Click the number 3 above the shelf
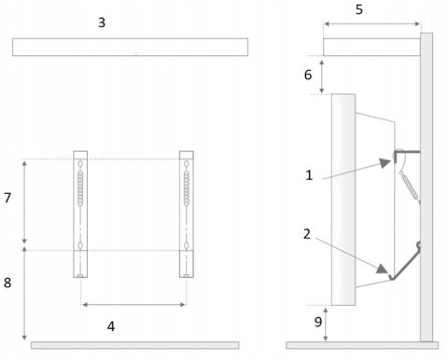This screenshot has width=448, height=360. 102,22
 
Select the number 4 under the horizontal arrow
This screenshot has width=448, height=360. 111,326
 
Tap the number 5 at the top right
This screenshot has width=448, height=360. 359,9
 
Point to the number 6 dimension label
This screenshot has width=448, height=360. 308,75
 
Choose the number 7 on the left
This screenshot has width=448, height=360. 7,198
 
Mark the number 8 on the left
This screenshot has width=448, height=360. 7,283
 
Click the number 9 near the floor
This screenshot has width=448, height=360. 317,322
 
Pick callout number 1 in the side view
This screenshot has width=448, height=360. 309,175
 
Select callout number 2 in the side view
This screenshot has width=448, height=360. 307,234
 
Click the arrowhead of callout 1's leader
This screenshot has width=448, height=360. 385,162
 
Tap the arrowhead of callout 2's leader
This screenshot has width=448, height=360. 382,269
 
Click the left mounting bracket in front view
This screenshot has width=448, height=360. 80,215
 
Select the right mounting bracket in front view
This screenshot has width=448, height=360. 187,215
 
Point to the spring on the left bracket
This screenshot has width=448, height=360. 80,188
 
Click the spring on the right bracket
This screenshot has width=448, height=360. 187,188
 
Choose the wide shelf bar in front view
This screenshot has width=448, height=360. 130,47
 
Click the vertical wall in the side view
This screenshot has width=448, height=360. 427,187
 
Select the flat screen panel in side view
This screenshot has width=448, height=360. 343,200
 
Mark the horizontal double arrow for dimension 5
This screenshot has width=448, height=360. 372,23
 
